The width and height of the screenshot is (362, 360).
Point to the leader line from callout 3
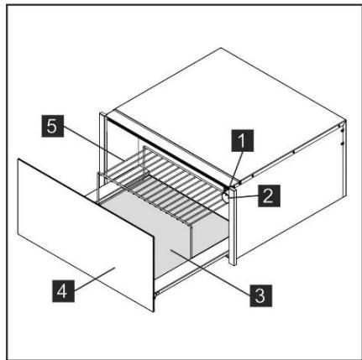pos(214,269)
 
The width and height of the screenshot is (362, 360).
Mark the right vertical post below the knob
pos(234,243)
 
